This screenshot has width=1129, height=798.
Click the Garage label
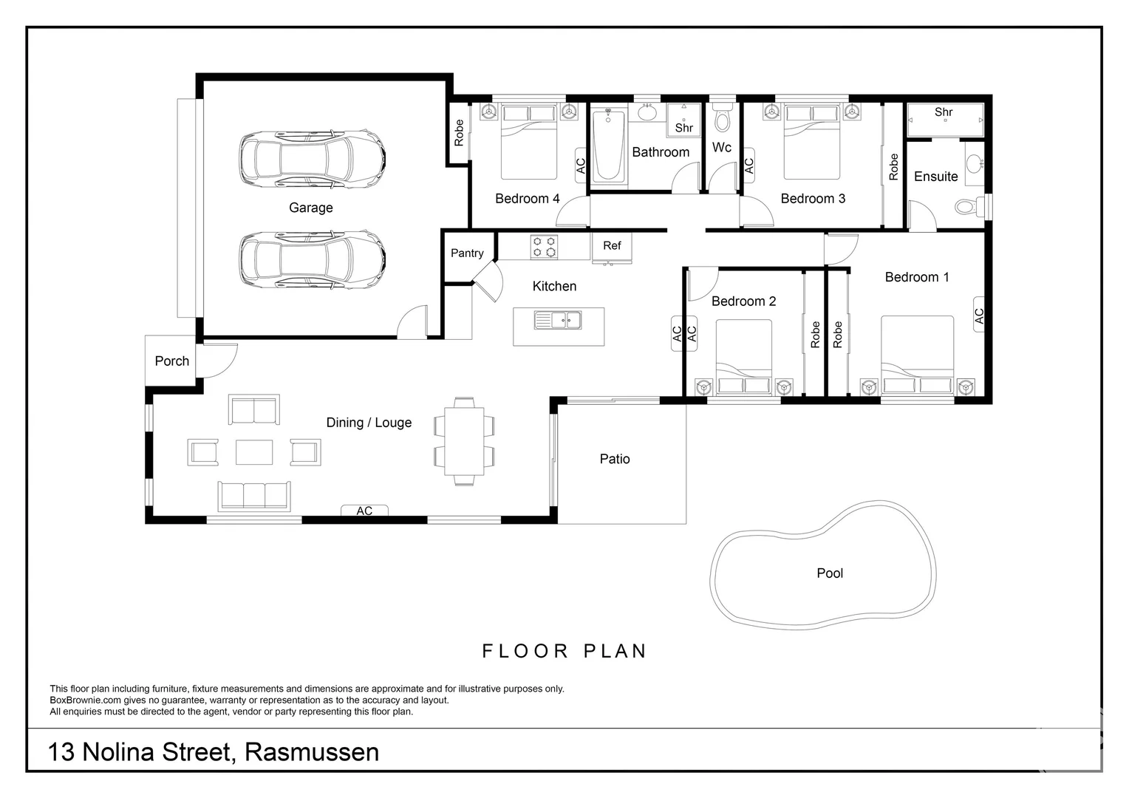[310, 208]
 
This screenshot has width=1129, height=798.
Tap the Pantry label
[467, 253]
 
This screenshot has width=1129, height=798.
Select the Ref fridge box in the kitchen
[612, 248]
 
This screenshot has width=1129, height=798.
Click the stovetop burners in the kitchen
[545, 247]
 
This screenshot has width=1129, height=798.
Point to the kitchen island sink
[558, 320]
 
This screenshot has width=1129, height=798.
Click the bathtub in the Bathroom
[608, 146]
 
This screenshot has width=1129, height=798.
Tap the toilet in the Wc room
[723, 117]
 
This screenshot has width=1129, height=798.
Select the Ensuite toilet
[970, 206]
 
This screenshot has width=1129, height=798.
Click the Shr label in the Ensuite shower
[944, 112]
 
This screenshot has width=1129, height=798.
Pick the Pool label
[830, 573]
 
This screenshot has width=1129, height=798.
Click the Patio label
[615, 459]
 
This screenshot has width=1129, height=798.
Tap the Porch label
[172, 361]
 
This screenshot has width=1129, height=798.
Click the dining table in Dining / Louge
[464, 442]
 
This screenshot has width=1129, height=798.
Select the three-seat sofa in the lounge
[254, 497]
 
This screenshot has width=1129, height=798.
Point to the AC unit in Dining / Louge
[364, 511]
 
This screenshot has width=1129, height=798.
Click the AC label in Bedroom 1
[979, 316]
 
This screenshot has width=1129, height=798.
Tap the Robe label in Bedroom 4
[459, 133]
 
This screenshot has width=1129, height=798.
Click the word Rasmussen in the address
[312, 752]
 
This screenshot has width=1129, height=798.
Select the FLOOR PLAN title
[564, 651]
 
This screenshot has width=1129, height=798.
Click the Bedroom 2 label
[743, 301]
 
